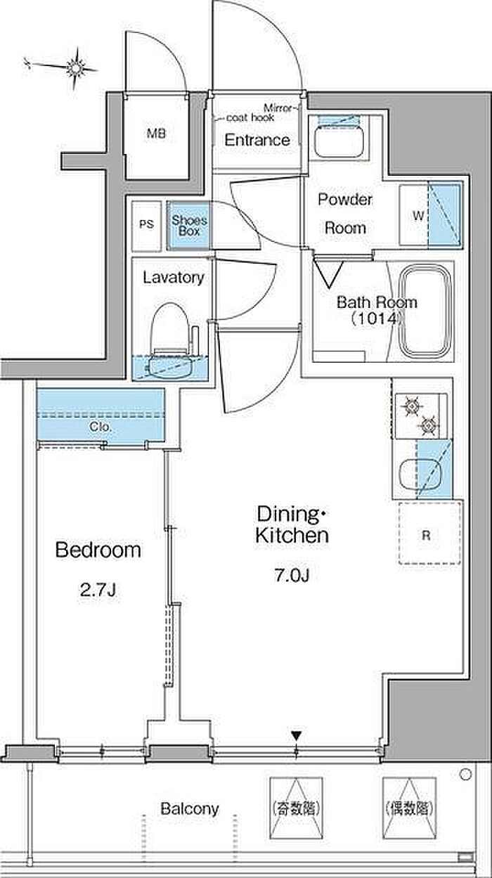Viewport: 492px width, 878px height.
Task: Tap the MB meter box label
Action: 157,134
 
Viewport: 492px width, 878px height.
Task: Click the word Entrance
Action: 257,140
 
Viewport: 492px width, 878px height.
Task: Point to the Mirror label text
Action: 278,108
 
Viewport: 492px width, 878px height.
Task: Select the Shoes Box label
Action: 189,226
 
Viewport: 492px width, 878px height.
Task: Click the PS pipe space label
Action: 147,224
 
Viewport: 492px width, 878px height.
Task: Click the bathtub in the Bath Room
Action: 425,311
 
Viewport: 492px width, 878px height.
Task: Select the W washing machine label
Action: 418,215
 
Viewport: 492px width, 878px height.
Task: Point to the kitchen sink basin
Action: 420,474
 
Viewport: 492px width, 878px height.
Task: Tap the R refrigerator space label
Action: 426,535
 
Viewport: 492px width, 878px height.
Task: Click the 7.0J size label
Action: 292,576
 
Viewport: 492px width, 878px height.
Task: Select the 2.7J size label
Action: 98,590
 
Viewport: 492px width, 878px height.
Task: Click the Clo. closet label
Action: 101,427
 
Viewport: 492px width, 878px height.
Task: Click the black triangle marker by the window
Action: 297,736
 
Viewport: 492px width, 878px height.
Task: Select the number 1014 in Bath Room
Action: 377,319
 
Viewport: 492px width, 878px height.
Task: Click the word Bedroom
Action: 98,550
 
